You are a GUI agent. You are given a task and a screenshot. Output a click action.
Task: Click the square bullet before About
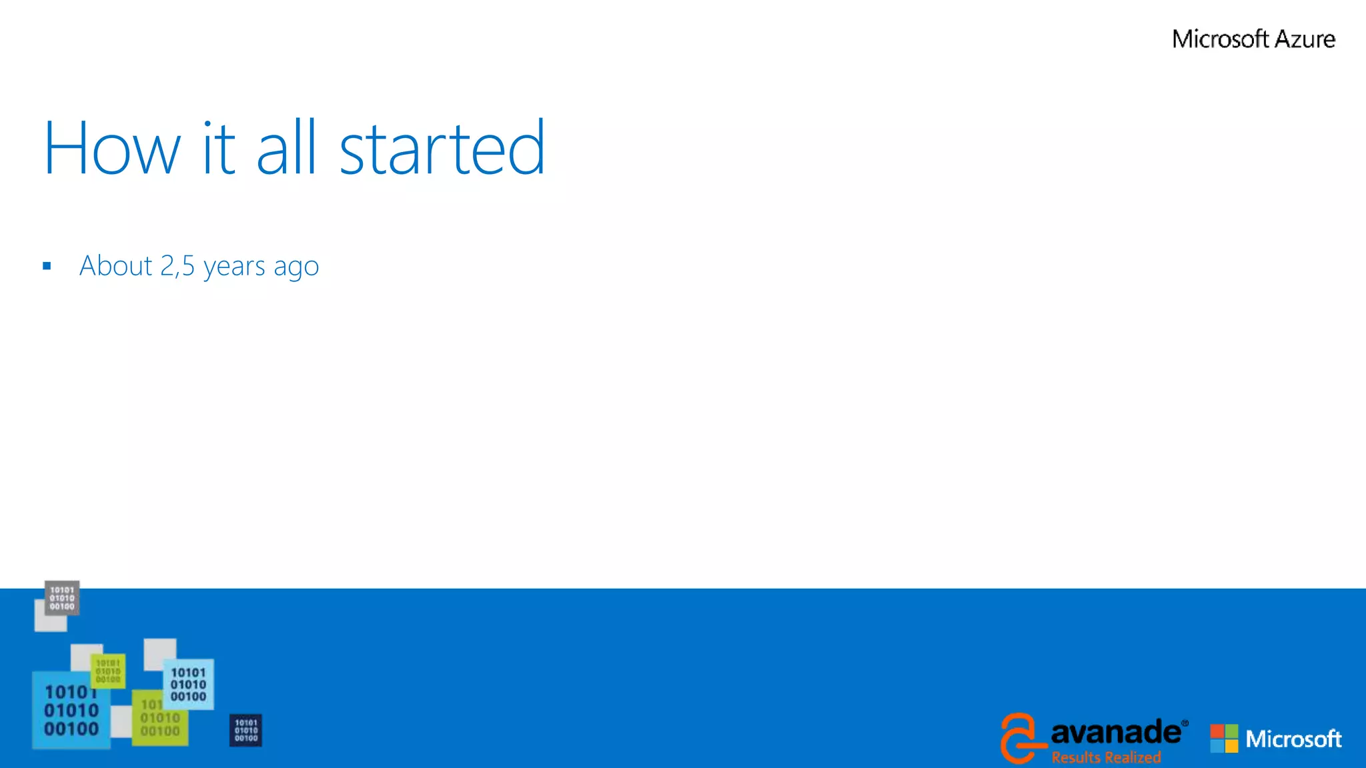tap(47, 266)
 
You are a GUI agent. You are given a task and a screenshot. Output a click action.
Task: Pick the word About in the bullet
tap(116, 266)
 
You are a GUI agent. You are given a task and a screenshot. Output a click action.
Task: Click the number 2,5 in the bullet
tap(177, 266)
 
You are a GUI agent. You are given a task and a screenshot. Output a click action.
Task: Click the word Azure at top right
tap(1305, 39)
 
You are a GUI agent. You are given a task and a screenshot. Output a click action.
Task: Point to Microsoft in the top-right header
tap(1220, 39)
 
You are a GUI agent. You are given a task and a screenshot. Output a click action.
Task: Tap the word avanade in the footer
tap(1116, 733)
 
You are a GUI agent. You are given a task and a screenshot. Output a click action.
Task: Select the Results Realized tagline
tap(1106, 757)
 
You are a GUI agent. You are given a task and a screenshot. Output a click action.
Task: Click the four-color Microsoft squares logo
tap(1224, 739)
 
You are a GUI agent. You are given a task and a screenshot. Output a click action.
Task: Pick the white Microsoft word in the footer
tap(1293, 739)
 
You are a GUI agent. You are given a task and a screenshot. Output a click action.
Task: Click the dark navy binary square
tap(245, 731)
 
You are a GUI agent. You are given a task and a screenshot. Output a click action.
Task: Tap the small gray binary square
tap(62, 598)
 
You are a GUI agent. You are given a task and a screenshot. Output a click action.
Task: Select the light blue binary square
tap(189, 684)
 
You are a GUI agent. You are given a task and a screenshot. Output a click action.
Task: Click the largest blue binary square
tap(71, 711)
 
